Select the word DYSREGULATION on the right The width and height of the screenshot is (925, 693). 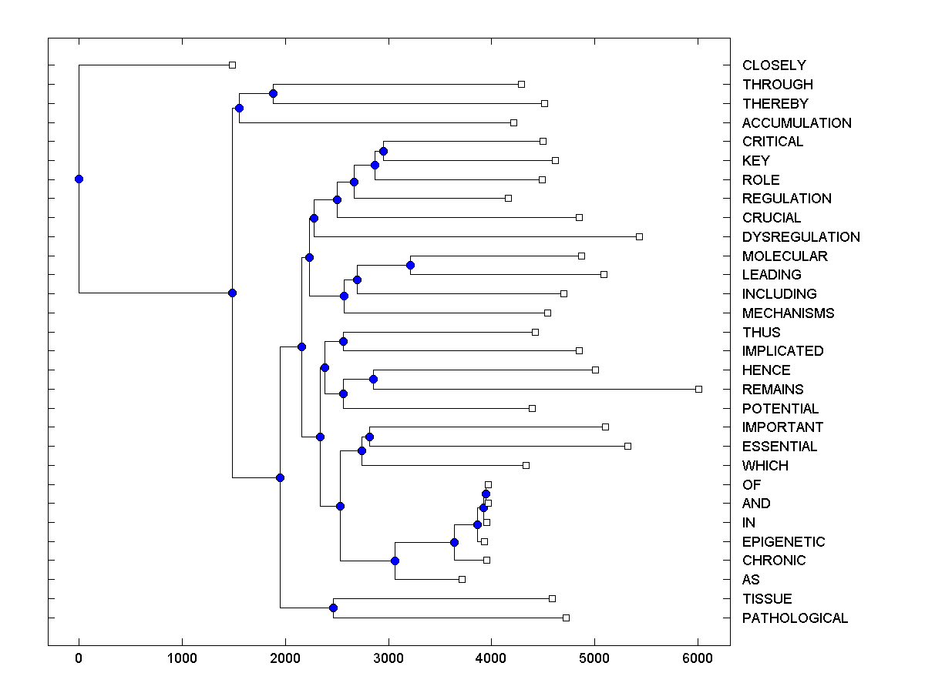click(801, 236)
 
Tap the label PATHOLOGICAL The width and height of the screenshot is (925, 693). click(795, 618)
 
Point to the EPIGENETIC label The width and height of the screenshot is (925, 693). click(783, 542)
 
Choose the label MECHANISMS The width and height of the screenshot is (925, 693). click(788, 313)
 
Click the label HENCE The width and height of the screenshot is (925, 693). click(766, 370)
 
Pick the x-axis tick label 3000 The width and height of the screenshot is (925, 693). click(388, 657)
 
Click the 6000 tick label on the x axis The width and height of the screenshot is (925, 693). click(698, 657)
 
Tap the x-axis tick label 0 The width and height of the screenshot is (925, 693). click(79, 657)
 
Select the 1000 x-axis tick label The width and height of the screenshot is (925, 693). click(182, 657)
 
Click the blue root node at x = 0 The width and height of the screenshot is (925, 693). click(79, 179)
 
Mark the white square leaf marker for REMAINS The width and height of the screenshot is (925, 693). click(698, 389)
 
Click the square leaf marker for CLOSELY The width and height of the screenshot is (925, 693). click(232, 65)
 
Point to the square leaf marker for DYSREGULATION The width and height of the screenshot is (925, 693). click(639, 236)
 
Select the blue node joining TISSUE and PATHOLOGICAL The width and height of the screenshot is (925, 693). click(333, 608)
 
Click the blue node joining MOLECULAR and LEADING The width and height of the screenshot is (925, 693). click(410, 265)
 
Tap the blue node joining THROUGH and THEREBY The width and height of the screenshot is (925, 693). click(273, 93)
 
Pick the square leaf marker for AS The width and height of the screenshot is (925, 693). click(462, 579)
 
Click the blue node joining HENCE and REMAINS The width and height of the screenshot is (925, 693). click(373, 379)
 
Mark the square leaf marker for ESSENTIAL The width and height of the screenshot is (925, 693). click(627, 446)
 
